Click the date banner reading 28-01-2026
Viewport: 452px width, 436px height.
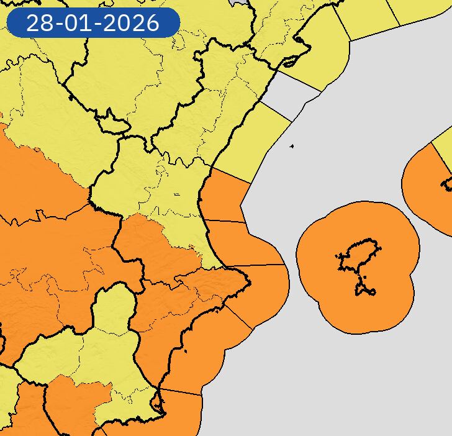[x=93, y=23]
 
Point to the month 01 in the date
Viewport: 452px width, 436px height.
[x=84, y=23]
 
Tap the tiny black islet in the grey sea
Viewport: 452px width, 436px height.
[x=292, y=147]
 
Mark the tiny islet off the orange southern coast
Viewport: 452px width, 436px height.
[x=185, y=352]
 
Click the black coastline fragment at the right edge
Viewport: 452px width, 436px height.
[x=447, y=184]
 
